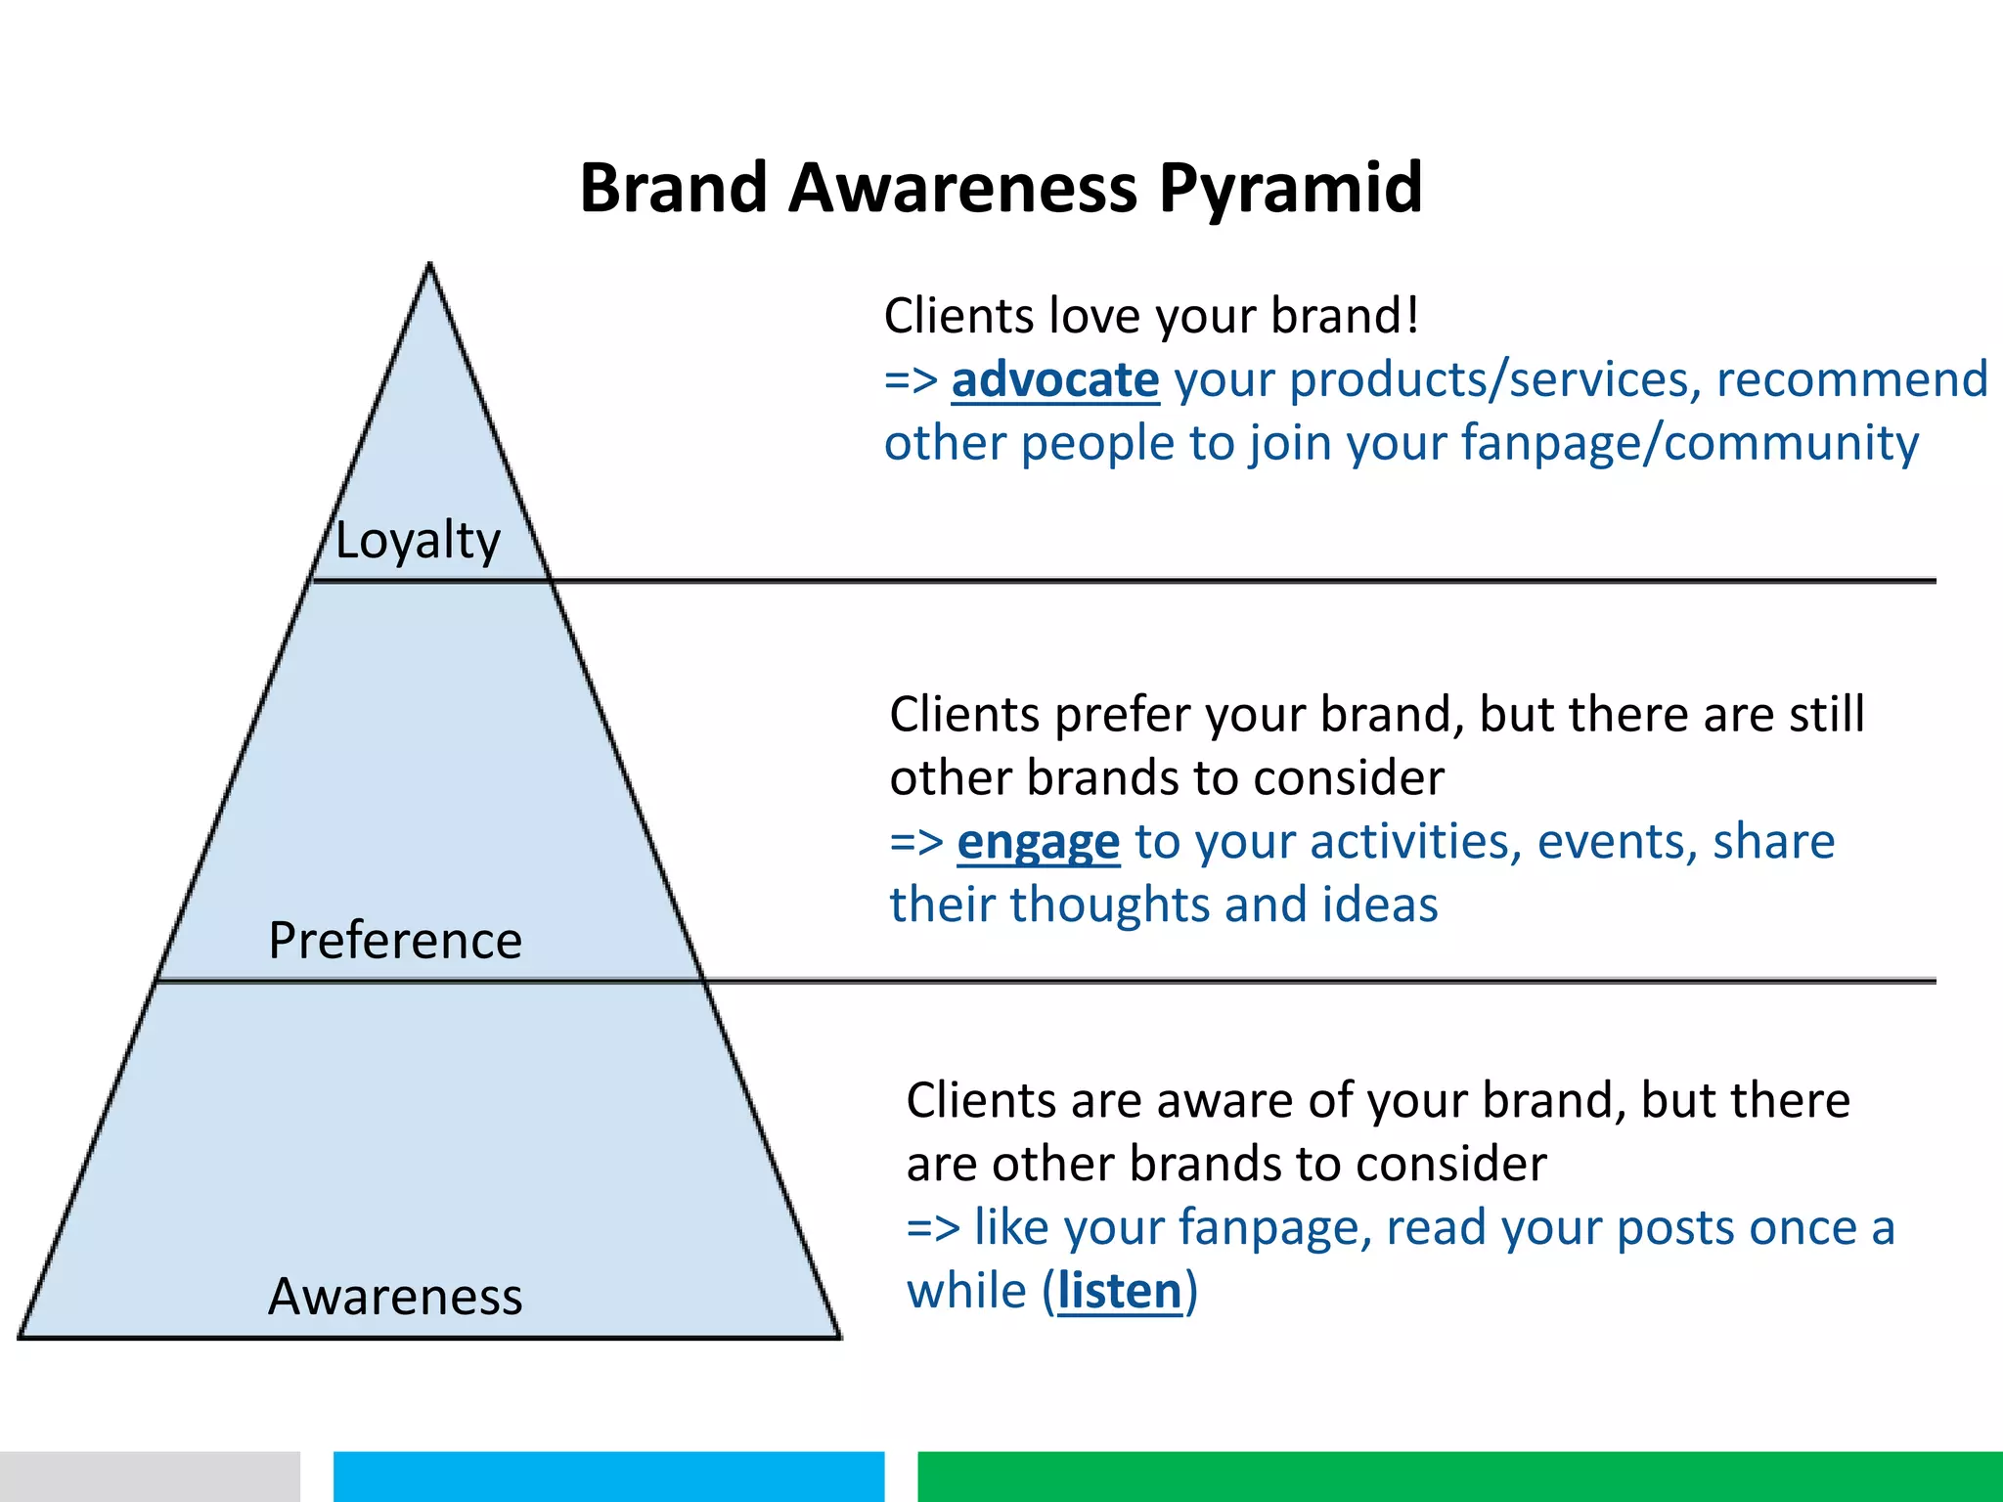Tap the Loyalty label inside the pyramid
418,541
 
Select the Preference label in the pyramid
395,941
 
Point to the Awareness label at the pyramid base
395,1297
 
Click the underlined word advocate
1055,379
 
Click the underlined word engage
1038,842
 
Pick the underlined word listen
1120,1291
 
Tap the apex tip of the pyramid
429,266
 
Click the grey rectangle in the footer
149,1476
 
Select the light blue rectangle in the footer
608,1476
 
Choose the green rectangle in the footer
1459,1476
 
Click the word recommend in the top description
1851,379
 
